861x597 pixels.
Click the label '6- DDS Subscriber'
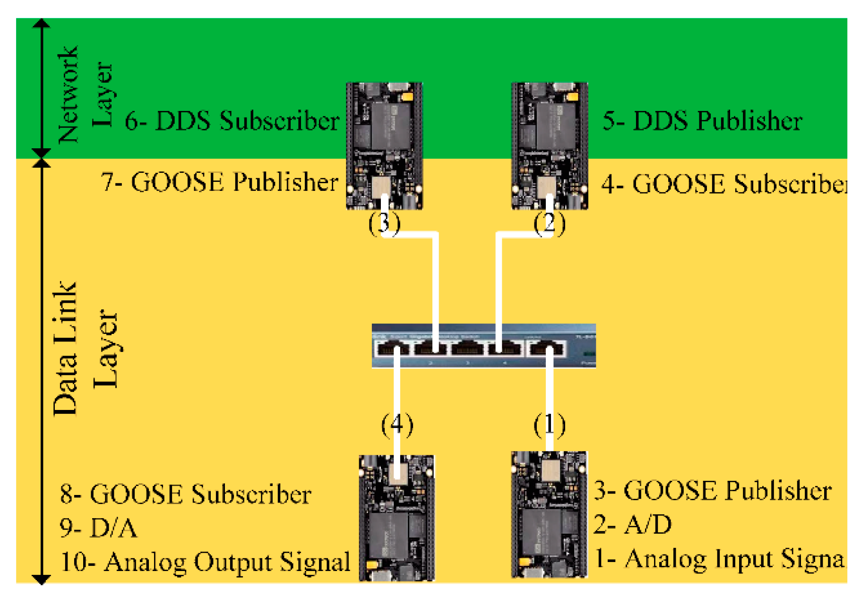232,121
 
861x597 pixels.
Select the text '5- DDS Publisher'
702,121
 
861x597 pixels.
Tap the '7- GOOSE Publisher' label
220,182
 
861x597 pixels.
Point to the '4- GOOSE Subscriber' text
723,184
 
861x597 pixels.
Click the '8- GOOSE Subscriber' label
186,495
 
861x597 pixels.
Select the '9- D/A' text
98,528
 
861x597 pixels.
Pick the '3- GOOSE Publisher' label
713,491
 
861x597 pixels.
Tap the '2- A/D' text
632,525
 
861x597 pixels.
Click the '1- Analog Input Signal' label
718,559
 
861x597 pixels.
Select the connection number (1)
549,425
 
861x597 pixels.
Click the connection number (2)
549,223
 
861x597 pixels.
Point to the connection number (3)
384,223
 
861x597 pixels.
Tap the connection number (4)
397,425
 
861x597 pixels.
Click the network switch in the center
483,345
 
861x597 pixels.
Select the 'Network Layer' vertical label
85,94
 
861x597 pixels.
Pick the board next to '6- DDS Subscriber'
384,145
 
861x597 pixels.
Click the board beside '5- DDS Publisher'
549,145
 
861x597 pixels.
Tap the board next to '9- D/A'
396,518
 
